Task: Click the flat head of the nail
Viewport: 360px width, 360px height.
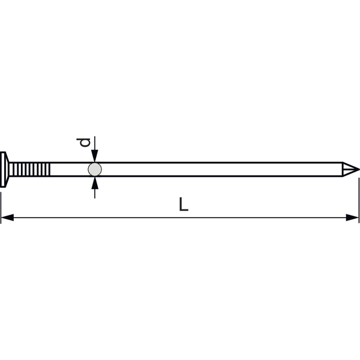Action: click(x=3, y=169)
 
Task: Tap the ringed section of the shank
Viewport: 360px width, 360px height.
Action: click(x=30, y=169)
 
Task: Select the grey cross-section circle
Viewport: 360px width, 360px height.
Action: click(x=95, y=169)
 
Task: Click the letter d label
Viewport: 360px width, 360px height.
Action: click(x=83, y=142)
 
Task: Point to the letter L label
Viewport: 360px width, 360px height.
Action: click(x=184, y=204)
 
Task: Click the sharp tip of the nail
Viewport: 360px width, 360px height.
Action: click(x=359, y=169)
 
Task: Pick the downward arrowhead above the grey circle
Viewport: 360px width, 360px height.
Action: click(x=95, y=156)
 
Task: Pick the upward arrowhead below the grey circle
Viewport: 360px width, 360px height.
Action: click(x=95, y=183)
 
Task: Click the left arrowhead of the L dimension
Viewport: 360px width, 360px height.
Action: click(x=7, y=217)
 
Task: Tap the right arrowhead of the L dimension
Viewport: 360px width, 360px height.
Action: click(x=352, y=217)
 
